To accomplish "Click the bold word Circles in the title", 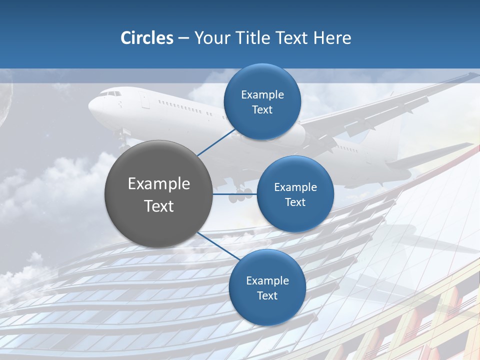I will click(x=146, y=38).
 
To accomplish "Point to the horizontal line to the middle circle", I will click(x=235, y=194).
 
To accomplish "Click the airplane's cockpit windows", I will click(x=112, y=93).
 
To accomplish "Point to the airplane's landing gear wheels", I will click(x=239, y=195).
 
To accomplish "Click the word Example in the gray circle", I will click(x=159, y=184).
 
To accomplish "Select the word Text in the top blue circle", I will click(x=262, y=110).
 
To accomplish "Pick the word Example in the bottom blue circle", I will click(x=267, y=280).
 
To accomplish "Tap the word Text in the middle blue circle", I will click(x=295, y=202).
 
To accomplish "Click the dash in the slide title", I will click(x=183, y=38).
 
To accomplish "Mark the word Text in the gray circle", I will click(x=159, y=206).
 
